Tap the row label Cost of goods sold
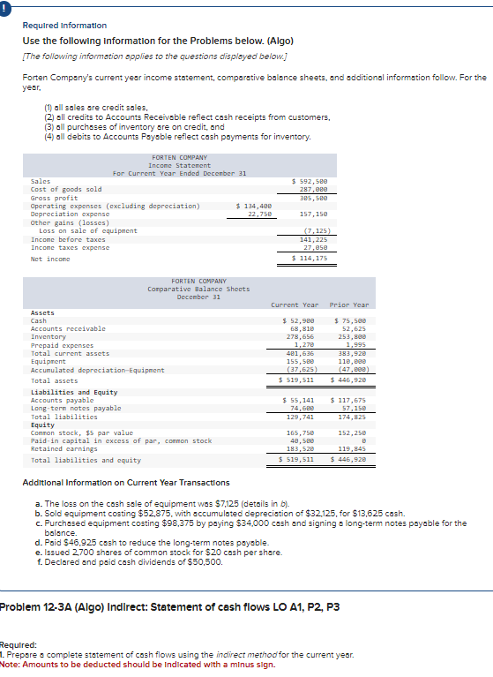coord(66,189)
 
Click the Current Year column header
coord(295,305)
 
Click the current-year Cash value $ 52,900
coord(297,320)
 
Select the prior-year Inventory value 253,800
coord(352,336)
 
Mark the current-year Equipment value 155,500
coord(299,361)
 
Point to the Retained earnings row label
coord(63,448)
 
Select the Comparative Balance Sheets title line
coord(198,289)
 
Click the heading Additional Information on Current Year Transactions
coord(125,483)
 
